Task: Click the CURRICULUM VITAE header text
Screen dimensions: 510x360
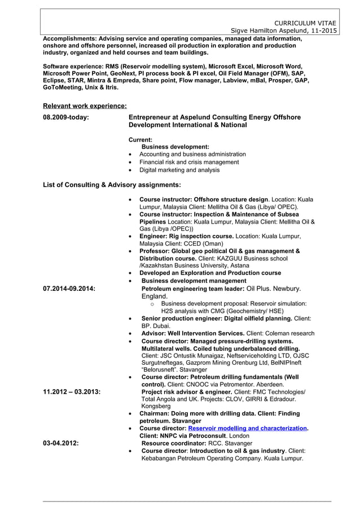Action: [307, 21]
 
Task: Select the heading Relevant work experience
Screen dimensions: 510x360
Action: [85, 106]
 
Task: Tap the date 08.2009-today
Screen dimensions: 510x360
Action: [66, 117]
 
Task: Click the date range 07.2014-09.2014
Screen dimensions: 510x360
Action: [69, 289]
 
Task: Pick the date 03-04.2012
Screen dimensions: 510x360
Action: [61, 443]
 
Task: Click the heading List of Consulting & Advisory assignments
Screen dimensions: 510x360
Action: [112, 185]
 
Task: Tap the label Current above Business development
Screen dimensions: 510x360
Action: [141, 139]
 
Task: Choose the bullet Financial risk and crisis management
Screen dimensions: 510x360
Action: [189, 162]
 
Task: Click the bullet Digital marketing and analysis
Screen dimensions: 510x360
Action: [179, 169]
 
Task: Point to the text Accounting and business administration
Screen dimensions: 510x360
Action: [192, 154]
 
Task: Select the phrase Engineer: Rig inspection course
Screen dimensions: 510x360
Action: [186, 236]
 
